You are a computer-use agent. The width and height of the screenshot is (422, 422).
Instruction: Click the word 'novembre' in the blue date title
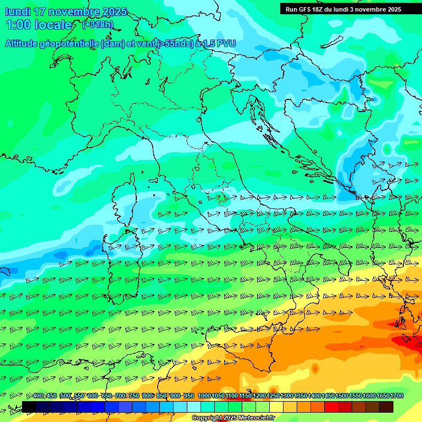75,12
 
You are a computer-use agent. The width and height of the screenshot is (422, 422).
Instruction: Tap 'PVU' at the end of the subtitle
226,43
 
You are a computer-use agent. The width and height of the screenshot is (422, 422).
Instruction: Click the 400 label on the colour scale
38,396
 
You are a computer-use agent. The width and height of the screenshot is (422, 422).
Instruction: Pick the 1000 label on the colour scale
204,396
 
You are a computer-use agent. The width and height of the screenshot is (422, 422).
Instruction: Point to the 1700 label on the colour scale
397,396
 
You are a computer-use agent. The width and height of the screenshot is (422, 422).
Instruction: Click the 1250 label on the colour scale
273,396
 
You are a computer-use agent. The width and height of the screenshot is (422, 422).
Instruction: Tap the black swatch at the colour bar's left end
29,407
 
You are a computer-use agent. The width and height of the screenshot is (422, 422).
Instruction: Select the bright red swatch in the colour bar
331,407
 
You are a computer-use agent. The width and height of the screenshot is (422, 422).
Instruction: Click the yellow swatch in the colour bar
276,407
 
